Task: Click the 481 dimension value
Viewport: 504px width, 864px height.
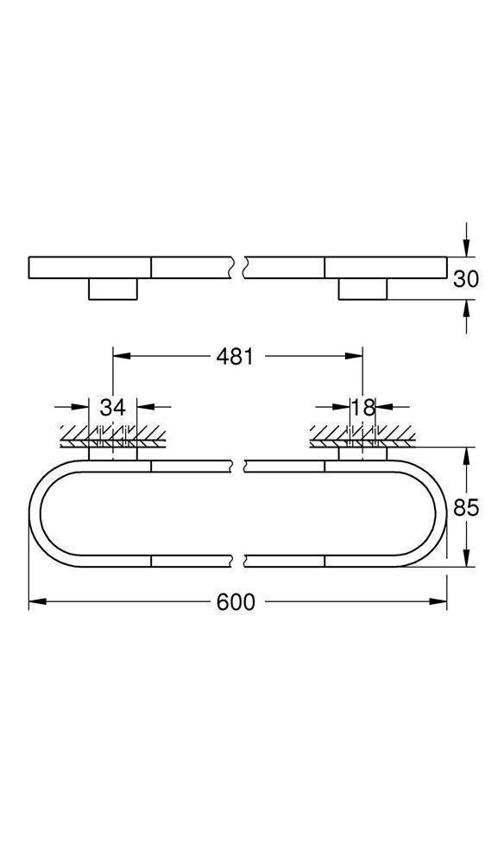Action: pyautogui.click(x=235, y=356)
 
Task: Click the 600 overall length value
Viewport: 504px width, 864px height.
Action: pyautogui.click(x=236, y=602)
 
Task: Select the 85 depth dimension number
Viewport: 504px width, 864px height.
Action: pyautogui.click(x=466, y=507)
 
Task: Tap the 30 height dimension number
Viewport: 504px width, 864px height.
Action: pyautogui.click(x=466, y=278)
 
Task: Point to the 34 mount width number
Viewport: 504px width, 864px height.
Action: pyautogui.click(x=113, y=407)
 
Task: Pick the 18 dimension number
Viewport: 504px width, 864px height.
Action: pyautogui.click(x=362, y=407)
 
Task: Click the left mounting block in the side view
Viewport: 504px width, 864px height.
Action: pyautogui.click(x=113, y=289)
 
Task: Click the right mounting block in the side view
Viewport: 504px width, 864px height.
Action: pyautogui.click(x=362, y=289)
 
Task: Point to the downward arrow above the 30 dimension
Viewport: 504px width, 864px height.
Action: pyautogui.click(x=466, y=247)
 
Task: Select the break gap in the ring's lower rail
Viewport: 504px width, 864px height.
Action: pyautogui.click(x=238, y=561)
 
